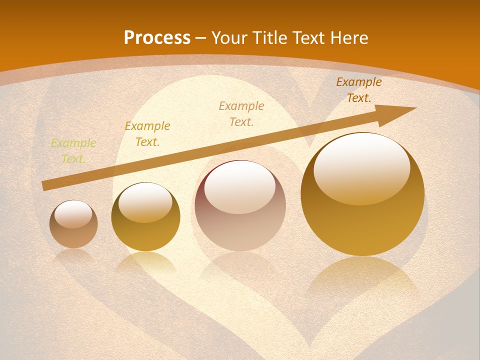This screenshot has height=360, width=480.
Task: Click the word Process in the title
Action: (157, 37)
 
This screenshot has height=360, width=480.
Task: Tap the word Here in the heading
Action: (350, 37)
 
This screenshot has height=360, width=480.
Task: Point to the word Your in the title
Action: (229, 37)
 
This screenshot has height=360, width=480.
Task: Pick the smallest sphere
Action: (73, 224)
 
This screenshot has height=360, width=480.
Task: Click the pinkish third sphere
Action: (240, 205)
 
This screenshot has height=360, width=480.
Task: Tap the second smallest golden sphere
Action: (145, 216)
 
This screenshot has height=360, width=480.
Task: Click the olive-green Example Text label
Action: (73, 151)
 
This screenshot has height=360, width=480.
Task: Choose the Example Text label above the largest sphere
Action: (358, 90)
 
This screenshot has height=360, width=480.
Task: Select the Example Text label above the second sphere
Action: (147, 134)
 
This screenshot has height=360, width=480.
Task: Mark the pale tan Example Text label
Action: (241, 113)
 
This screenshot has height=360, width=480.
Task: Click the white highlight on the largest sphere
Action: (361, 167)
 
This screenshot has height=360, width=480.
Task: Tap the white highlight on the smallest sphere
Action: (73, 214)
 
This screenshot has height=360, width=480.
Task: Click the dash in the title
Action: (201, 38)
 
